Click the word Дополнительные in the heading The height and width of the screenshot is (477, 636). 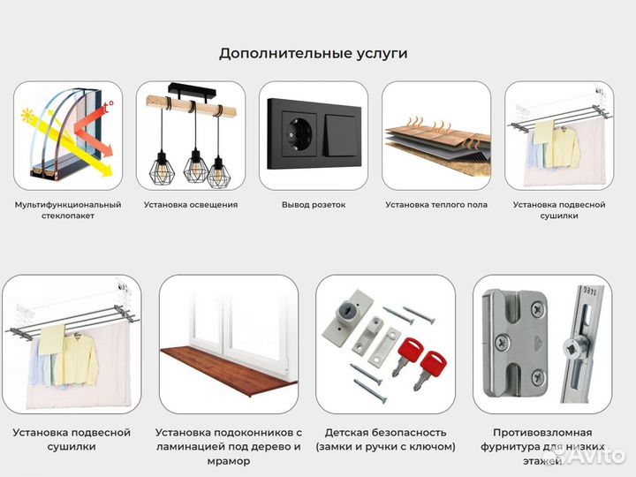pos(275,53)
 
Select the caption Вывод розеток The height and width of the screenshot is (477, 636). pos(314,205)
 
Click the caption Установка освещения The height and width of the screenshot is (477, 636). pos(191,205)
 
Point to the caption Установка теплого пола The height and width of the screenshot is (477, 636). pos(436,205)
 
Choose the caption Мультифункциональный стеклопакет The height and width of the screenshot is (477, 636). pos(68,210)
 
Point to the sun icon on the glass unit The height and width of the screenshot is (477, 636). pos(27,115)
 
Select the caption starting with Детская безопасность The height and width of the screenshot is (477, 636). pos(385,439)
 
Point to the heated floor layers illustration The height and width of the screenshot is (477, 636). pos(436,141)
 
